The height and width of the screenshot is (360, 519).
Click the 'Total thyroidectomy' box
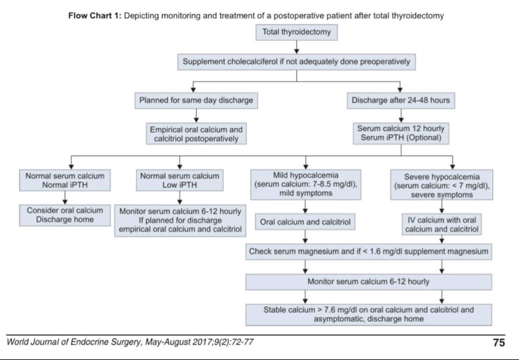point(296,32)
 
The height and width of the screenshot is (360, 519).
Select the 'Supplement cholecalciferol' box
point(296,62)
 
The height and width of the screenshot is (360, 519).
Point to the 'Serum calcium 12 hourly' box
point(400,134)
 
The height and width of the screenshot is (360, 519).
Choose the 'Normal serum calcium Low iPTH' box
point(180,180)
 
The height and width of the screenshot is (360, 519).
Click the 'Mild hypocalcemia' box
point(305,185)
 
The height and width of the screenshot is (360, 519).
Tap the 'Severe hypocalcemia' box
point(441,185)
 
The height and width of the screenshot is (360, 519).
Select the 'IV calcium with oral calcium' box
point(441,224)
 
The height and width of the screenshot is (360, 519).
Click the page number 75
point(498,343)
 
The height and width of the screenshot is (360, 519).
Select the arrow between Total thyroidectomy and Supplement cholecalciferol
point(296,47)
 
